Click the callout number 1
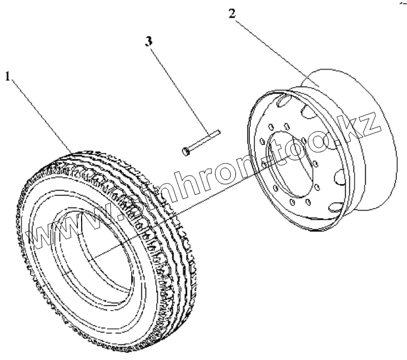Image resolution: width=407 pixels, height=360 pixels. click(8, 76)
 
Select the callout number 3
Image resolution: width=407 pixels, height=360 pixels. click(148, 41)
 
